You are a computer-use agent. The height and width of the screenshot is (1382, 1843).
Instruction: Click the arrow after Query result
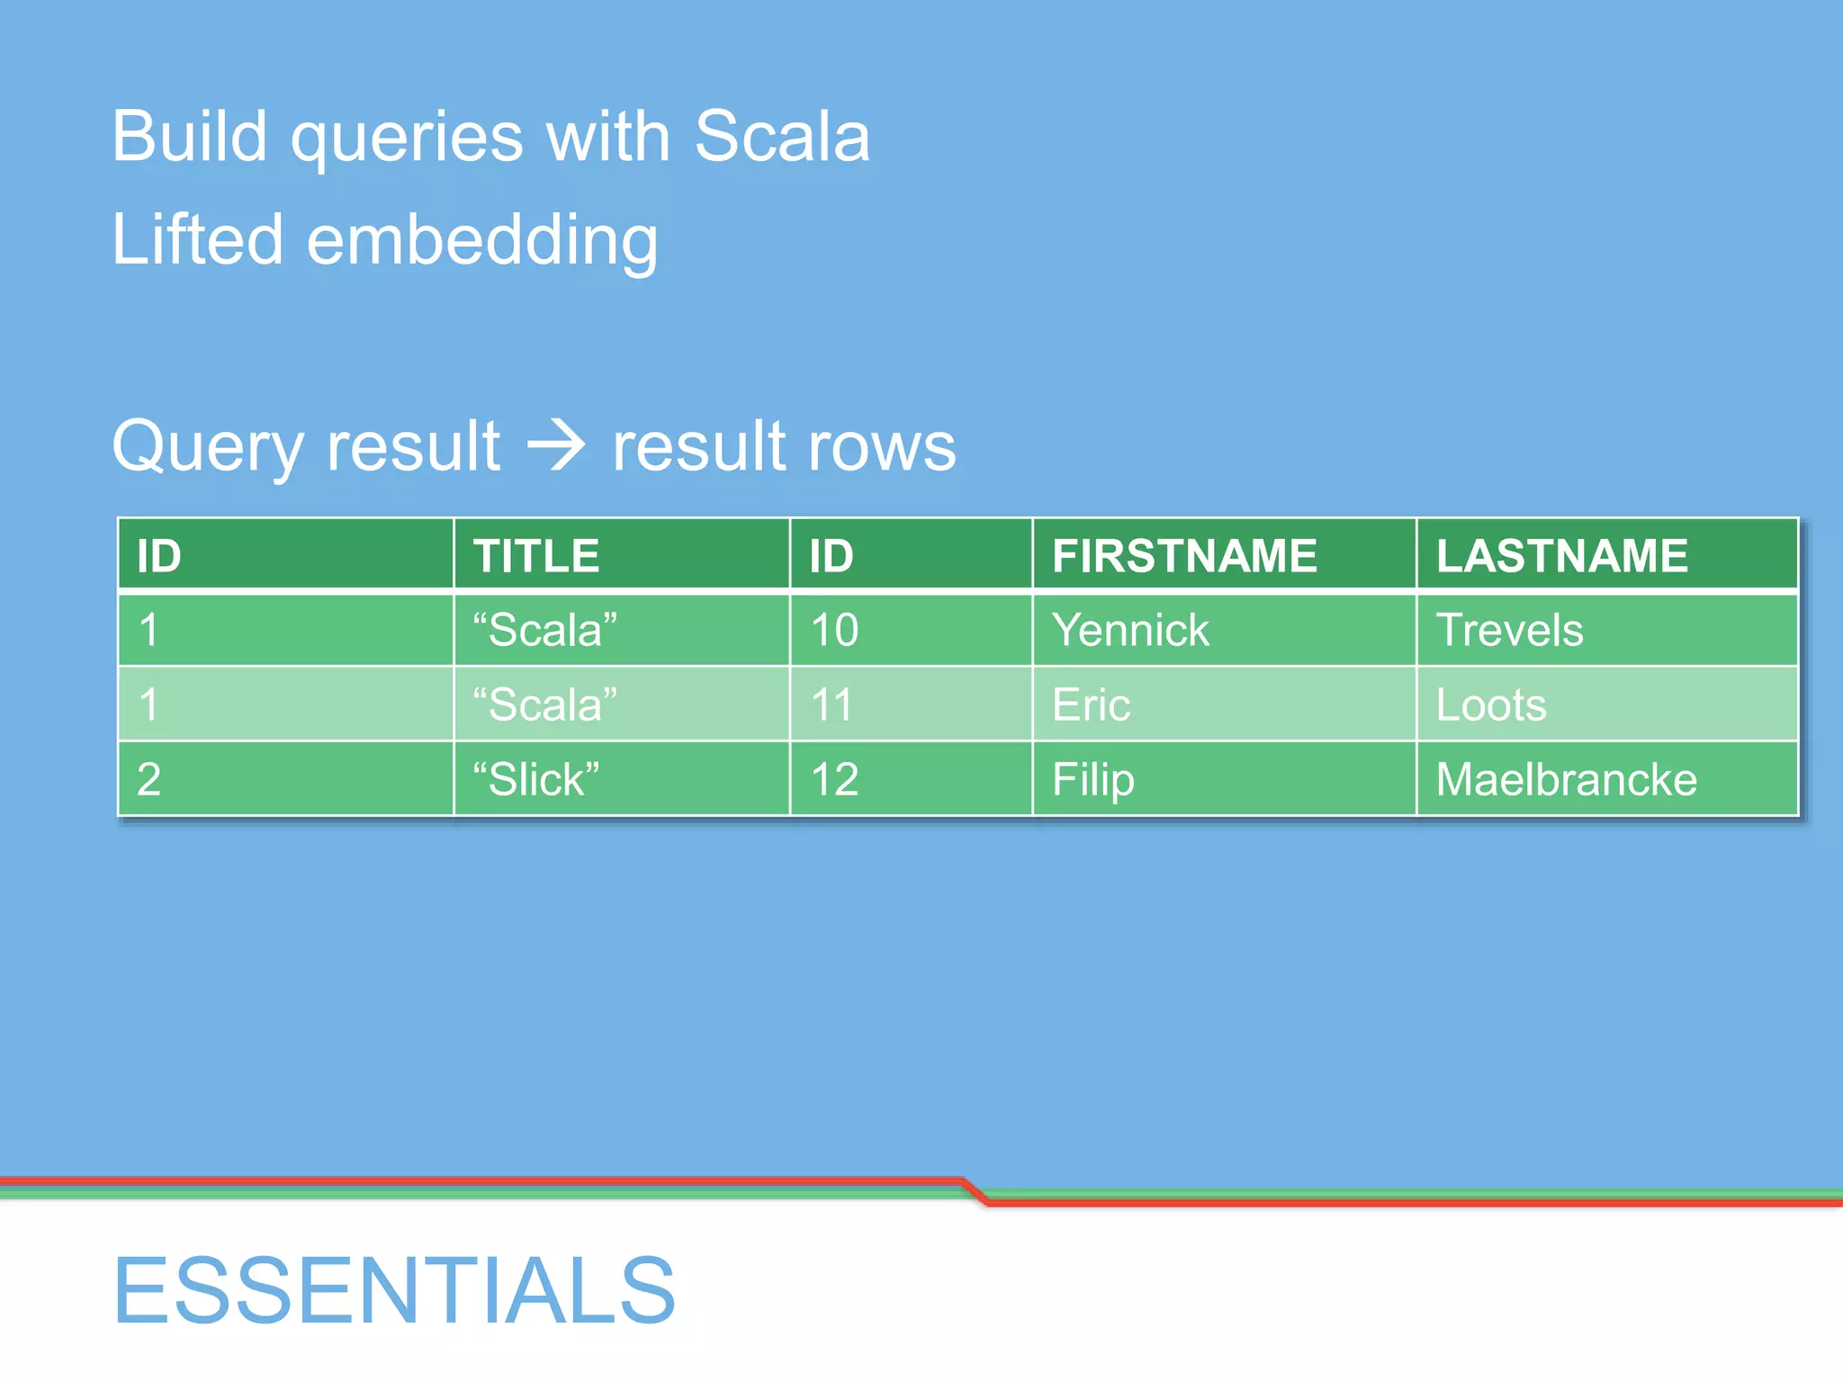click(556, 445)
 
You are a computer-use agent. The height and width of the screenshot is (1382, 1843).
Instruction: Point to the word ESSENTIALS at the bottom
click(394, 1290)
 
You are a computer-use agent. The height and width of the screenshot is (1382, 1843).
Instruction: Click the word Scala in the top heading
click(782, 137)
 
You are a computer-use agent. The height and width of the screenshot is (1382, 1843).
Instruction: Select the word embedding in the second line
click(482, 241)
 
